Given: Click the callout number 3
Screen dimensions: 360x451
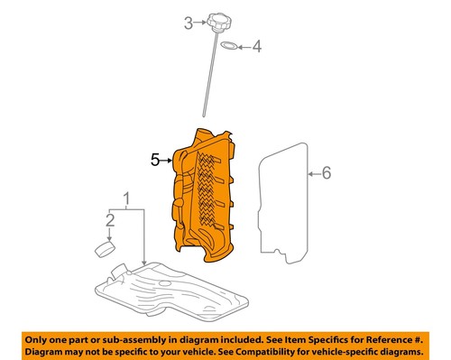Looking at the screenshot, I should (189, 23).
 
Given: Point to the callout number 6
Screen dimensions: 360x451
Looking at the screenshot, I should (327, 171).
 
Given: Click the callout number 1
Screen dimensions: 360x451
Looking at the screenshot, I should (127, 198).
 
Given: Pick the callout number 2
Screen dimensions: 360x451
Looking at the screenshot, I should (111, 219).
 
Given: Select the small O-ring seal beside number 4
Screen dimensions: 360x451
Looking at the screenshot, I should (230, 45).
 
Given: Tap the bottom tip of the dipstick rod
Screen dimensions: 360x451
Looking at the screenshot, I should (204, 114).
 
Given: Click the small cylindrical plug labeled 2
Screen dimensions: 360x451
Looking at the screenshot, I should (106, 249).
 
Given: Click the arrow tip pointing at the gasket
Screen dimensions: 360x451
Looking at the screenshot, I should (307, 171).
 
